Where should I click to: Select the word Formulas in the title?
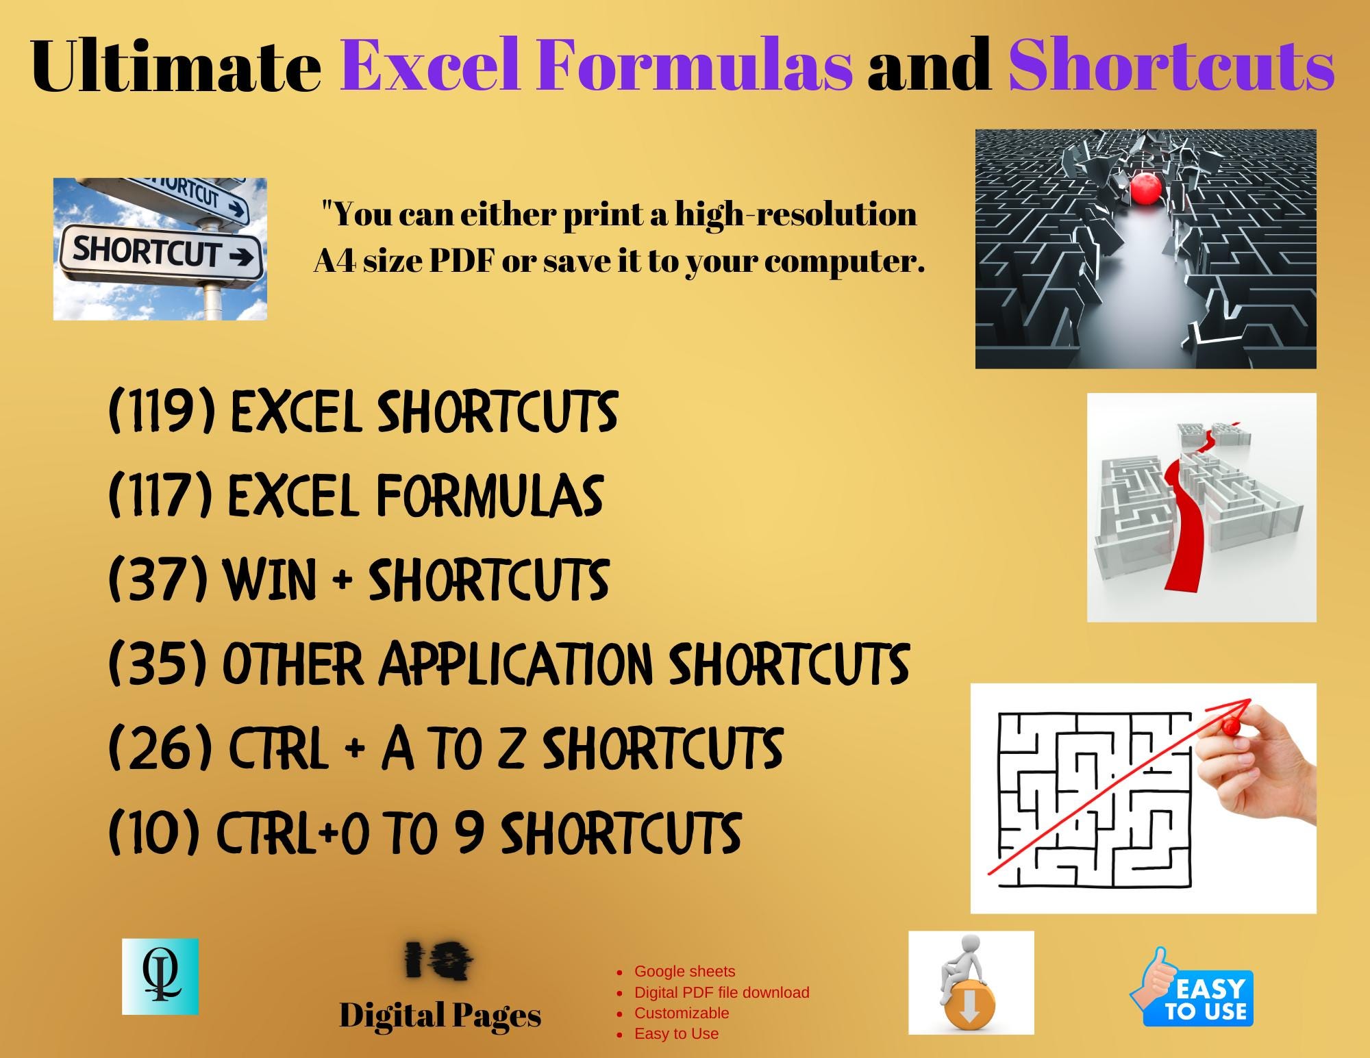coord(694,66)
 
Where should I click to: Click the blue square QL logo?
coord(160,977)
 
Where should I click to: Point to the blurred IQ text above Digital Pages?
coord(439,960)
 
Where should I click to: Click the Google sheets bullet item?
coord(684,971)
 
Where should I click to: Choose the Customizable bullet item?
coord(681,1013)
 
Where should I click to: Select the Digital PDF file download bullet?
coord(721,992)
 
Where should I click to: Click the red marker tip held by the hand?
coord(1230,725)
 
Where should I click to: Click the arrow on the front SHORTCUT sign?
coord(240,257)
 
